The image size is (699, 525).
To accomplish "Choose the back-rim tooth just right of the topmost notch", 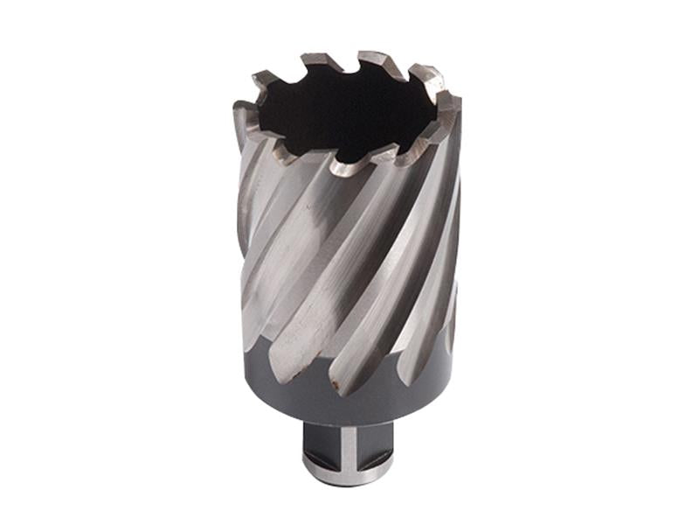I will (381, 60).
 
